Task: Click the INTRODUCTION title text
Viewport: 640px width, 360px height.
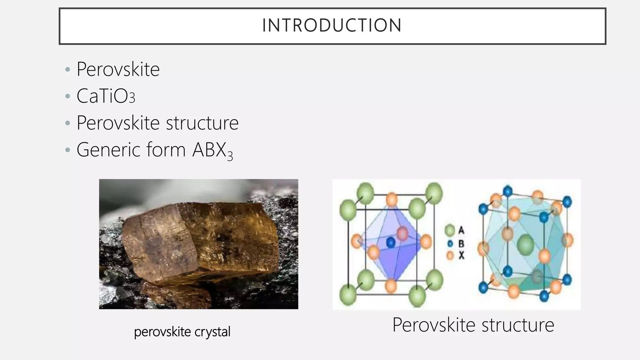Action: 332,25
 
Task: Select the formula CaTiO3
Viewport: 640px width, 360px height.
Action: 106,96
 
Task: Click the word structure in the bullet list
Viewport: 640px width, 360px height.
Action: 202,123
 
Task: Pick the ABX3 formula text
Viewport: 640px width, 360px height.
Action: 212,151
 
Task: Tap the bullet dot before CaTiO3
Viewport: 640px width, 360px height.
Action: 67,96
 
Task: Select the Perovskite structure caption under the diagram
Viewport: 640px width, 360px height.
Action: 473,325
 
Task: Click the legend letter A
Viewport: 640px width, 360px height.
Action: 461,230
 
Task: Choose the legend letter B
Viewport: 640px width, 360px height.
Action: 461,243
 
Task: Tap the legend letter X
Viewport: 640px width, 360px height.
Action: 461,255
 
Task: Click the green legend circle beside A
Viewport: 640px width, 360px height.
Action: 450,231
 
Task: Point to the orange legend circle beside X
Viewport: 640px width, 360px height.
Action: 450,255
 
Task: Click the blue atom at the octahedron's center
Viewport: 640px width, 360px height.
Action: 391,242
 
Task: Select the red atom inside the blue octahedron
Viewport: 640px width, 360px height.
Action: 402,233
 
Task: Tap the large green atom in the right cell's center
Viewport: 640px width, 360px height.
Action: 525,245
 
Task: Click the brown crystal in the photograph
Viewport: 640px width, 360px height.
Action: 200,241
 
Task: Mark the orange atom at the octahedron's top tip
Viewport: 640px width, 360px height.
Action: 392,199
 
